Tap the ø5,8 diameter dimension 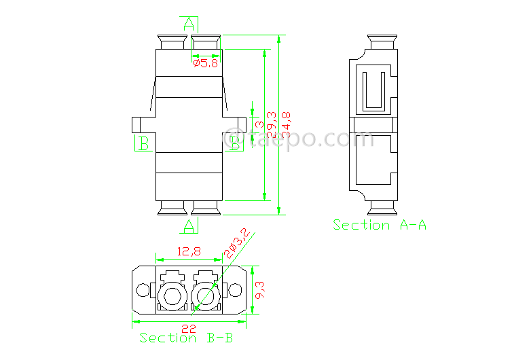pyautogui.click(x=205, y=63)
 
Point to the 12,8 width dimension pyautogui.click(x=189, y=251)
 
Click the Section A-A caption pyautogui.click(x=379, y=225)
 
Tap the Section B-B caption pyautogui.click(x=186, y=338)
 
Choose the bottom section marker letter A pyautogui.click(x=189, y=224)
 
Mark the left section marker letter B pyautogui.click(x=144, y=143)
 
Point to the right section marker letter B pyautogui.click(x=235, y=143)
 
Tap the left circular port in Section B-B pyautogui.click(x=170, y=295)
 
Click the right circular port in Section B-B pyautogui.click(x=205, y=295)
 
